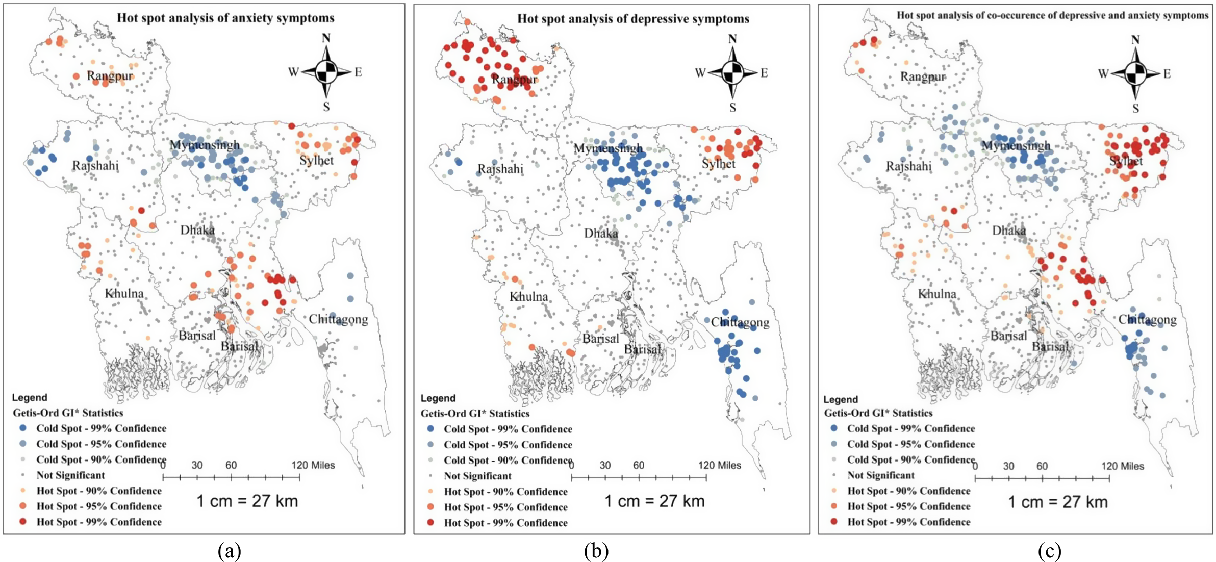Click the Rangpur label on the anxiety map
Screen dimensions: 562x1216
[x=110, y=76]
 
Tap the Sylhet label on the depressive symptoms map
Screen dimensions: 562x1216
[x=718, y=164]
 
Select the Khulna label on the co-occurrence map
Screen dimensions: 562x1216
[x=937, y=294]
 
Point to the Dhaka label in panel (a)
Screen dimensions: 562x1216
[x=197, y=230]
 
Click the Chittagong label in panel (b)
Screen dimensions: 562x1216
[x=740, y=322]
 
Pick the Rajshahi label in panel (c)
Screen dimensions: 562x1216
[x=908, y=166]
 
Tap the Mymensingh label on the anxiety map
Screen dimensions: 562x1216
[x=205, y=145]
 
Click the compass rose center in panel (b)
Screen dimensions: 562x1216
[x=732, y=73]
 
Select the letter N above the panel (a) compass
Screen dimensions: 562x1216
[x=326, y=38]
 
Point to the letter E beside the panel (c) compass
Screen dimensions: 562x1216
[x=1167, y=74]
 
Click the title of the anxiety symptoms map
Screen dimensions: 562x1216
[x=225, y=18]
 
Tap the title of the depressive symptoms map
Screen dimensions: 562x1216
[x=633, y=19]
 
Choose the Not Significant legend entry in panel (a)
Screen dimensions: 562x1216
[x=70, y=475]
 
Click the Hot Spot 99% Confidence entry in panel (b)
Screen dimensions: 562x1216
[x=505, y=523]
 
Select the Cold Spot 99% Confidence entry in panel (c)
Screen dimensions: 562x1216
[x=910, y=429]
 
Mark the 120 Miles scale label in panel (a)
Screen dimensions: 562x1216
[x=313, y=465]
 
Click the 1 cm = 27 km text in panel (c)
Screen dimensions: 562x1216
[x=1058, y=502]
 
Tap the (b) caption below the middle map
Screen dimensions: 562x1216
[x=596, y=551]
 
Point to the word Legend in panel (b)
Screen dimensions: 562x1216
[x=438, y=398]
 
